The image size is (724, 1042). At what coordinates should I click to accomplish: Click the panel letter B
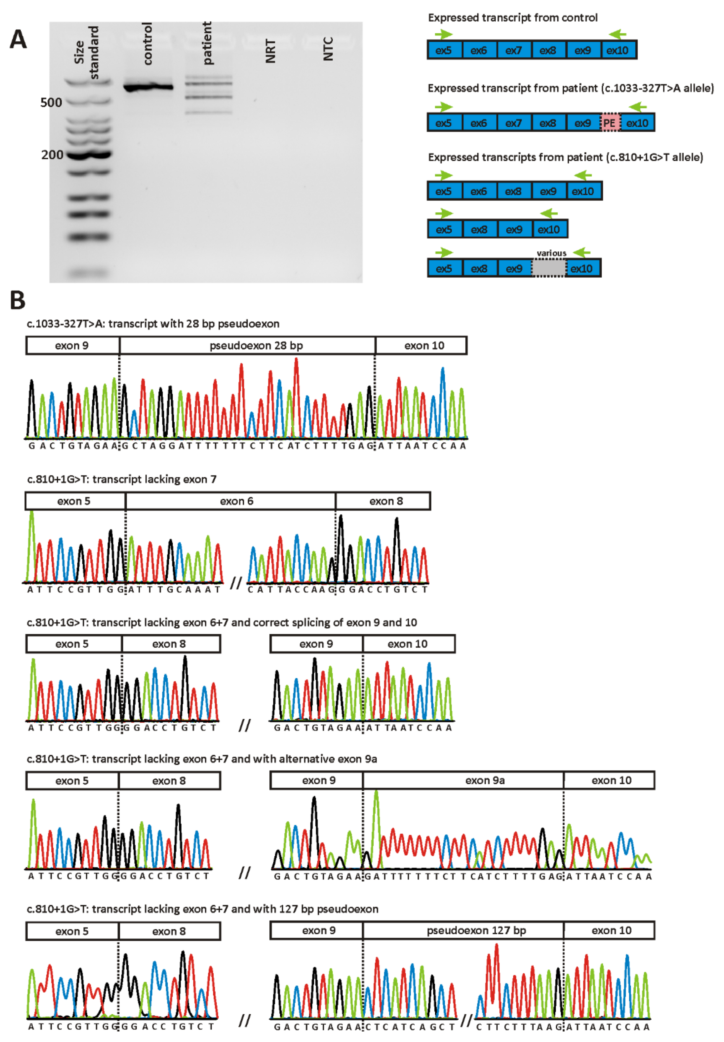[17, 300]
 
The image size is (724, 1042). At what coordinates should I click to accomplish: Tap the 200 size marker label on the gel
[52, 155]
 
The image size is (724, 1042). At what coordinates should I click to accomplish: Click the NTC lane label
[328, 48]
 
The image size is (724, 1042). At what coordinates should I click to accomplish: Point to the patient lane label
[207, 43]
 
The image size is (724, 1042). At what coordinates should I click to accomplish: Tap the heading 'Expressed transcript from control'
[512, 18]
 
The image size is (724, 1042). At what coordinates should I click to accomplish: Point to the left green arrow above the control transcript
[444, 34]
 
